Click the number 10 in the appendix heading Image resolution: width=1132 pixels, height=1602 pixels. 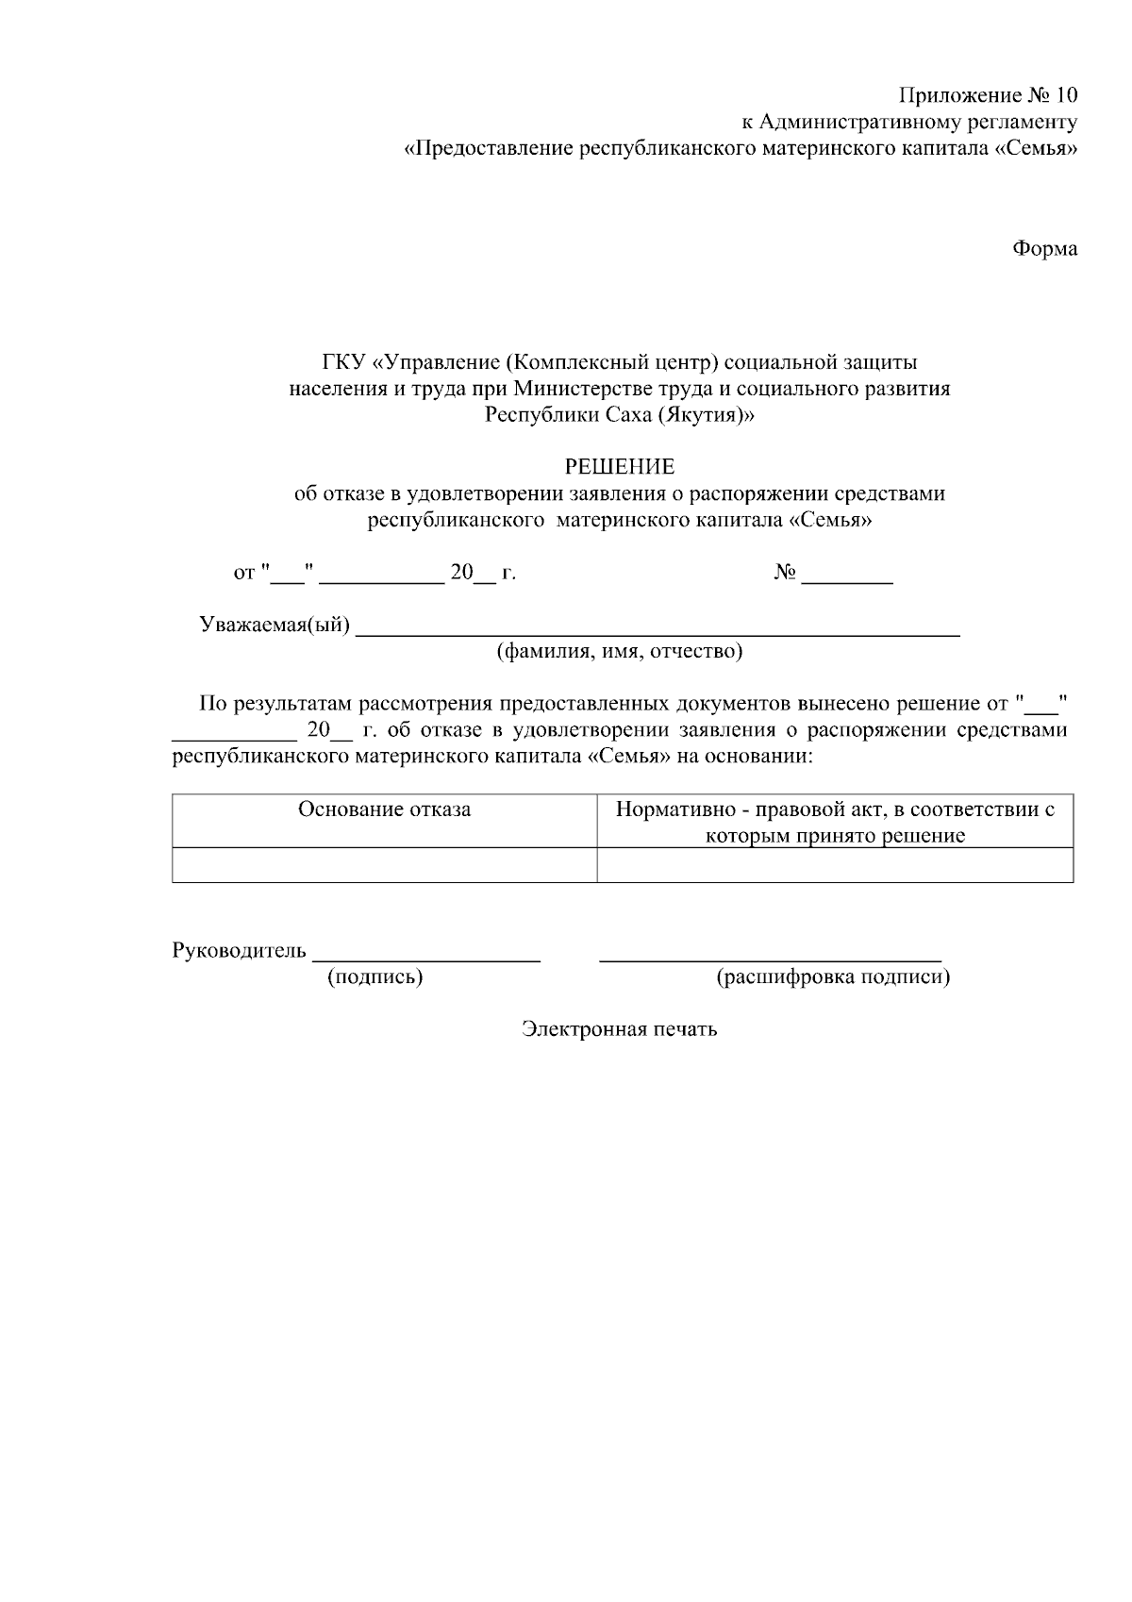coord(1065,95)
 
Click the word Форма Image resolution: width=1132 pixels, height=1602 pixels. coord(1044,249)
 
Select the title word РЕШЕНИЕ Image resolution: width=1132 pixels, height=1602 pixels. coord(620,467)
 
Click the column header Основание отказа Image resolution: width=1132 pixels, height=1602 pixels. coord(384,809)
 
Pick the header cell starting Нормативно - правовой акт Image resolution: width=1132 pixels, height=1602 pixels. coord(835,821)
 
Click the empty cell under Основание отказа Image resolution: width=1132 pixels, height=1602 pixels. coord(384,864)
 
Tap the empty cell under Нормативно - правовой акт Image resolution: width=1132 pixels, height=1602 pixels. coord(835,864)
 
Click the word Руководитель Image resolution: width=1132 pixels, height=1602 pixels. coord(239,950)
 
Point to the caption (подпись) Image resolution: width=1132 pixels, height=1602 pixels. coord(375,977)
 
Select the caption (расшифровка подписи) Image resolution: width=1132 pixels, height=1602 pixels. coord(833,977)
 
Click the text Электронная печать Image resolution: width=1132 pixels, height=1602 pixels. coord(620,1029)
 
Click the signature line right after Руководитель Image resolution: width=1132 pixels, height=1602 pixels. coord(426,955)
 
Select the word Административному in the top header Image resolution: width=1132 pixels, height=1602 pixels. coord(852,122)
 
